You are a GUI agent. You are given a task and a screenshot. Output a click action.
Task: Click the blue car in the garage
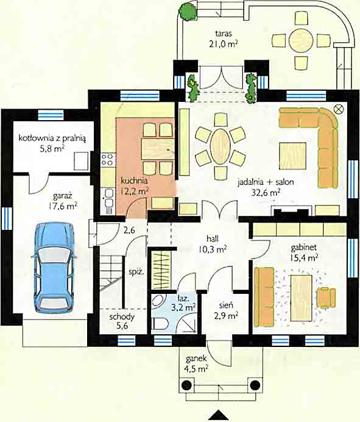click(x=54, y=268)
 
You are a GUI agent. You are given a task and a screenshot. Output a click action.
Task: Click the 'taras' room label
click(x=224, y=34)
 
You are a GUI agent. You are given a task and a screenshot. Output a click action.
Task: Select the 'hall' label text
click(x=213, y=238)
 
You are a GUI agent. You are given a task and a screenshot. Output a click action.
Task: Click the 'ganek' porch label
click(x=196, y=359)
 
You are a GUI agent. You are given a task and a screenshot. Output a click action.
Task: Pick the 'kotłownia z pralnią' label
click(x=52, y=138)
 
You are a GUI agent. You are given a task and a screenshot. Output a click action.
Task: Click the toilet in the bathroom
click(x=160, y=324)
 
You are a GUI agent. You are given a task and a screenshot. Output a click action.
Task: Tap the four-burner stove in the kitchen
click(x=107, y=159)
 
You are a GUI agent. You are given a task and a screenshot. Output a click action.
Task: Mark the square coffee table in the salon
click(x=292, y=156)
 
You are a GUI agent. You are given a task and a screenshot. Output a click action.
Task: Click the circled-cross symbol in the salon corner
click(x=339, y=109)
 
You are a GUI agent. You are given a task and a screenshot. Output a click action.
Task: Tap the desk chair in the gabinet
click(x=326, y=298)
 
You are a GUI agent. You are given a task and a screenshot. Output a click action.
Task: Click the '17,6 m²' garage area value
click(x=63, y=206)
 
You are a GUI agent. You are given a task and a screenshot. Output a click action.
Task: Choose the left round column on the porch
click(x=187, y=385)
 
